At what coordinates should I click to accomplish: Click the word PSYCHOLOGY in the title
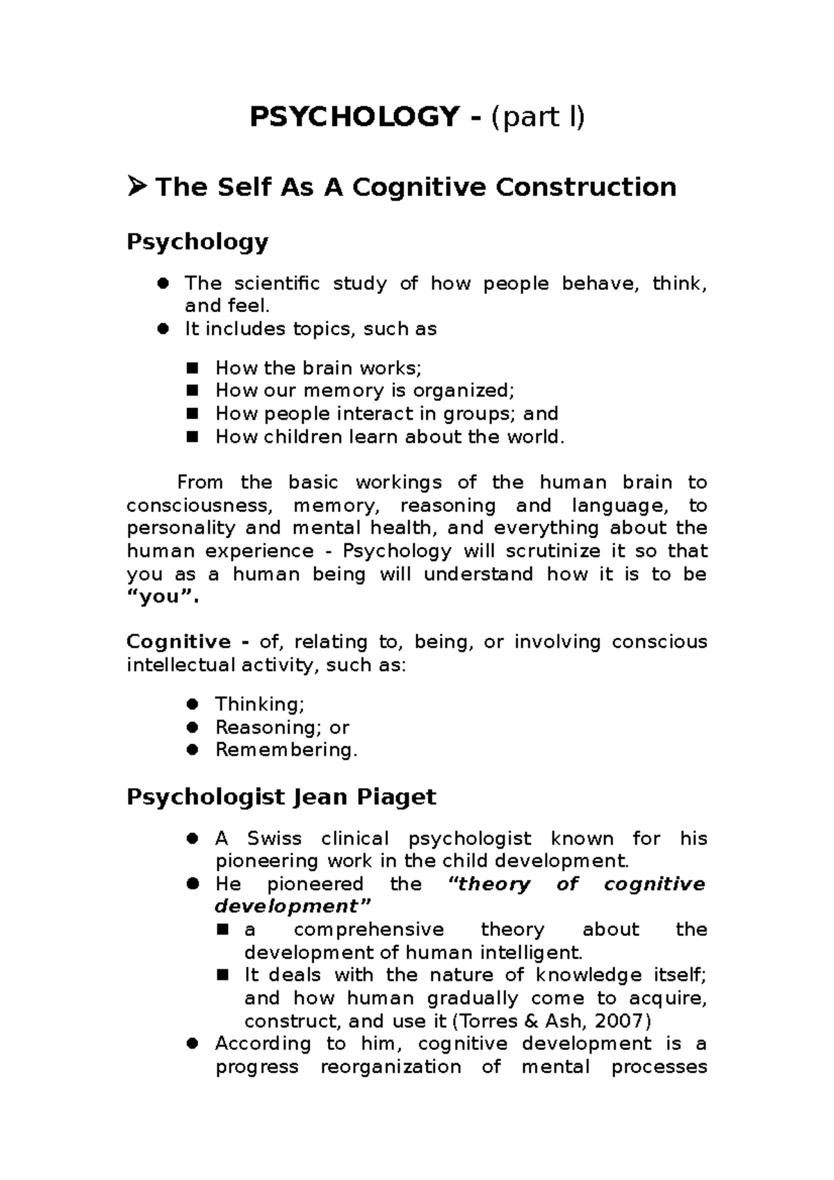[x=354, y=117]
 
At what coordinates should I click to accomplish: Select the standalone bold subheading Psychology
[x=197, y=242]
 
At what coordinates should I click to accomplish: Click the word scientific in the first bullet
[x=277, y=284]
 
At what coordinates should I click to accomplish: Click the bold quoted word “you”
[x=163, y=597]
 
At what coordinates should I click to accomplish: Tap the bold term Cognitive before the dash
[x=179, y=642]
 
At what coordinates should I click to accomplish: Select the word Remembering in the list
[x=286, y=750]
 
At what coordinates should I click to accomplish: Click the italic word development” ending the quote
[x=293, y=907]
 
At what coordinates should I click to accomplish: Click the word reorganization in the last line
[x=391, y=1067]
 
